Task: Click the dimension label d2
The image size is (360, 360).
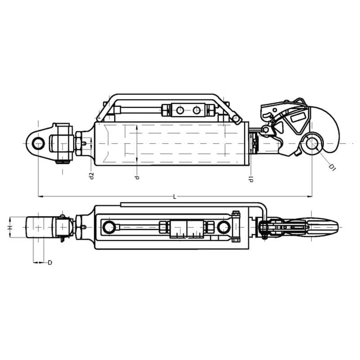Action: pyautogui.click(x=92, y=175)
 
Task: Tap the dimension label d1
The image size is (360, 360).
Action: pyautogui.click(x=252, y=179)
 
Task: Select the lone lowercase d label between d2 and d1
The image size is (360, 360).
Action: pyautogui.click(x=137, y=177)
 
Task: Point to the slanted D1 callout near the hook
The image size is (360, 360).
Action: pyautogui.click(x=332, y=167)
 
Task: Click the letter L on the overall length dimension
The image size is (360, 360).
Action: pyautogui.click(x=175, y=197)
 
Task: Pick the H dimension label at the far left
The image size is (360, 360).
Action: pyautogui.click(x=9, y=227)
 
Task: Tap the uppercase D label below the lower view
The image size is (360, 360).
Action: pyautogui.click(x=50, y=262)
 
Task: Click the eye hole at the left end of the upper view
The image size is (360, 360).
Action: pyautogui.click(x=38, y=144)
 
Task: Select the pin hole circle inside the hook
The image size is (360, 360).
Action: pyautogui.click(x=312, y=144)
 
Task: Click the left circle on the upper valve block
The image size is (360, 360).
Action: pyautogui.click(x=180, y=111)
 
